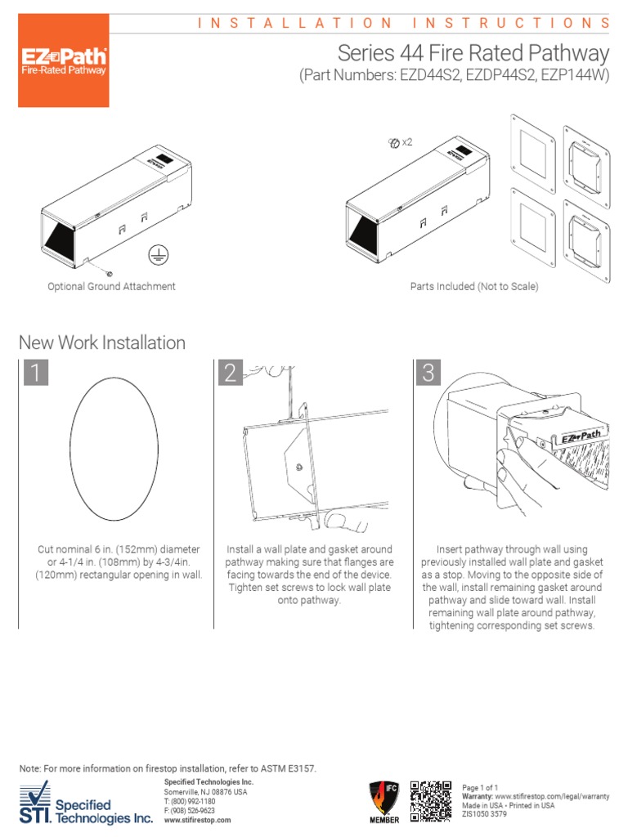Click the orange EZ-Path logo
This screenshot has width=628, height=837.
click(x=63, y=61)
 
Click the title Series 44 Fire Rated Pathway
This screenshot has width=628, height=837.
click(x=473, y=53)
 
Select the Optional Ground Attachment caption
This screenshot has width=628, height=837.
click(x=111, y=287)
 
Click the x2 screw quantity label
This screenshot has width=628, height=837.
click(x=401, y=142)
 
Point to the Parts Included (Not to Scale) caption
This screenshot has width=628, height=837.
click(x=473, y=287)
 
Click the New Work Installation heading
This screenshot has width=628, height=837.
click(x=102, y=342)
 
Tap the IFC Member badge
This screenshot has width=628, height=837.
click(x=385, y=802)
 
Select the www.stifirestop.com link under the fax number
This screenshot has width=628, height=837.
click(x=197, y=820)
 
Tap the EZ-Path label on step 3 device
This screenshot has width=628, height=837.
click(x=581, y=437)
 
